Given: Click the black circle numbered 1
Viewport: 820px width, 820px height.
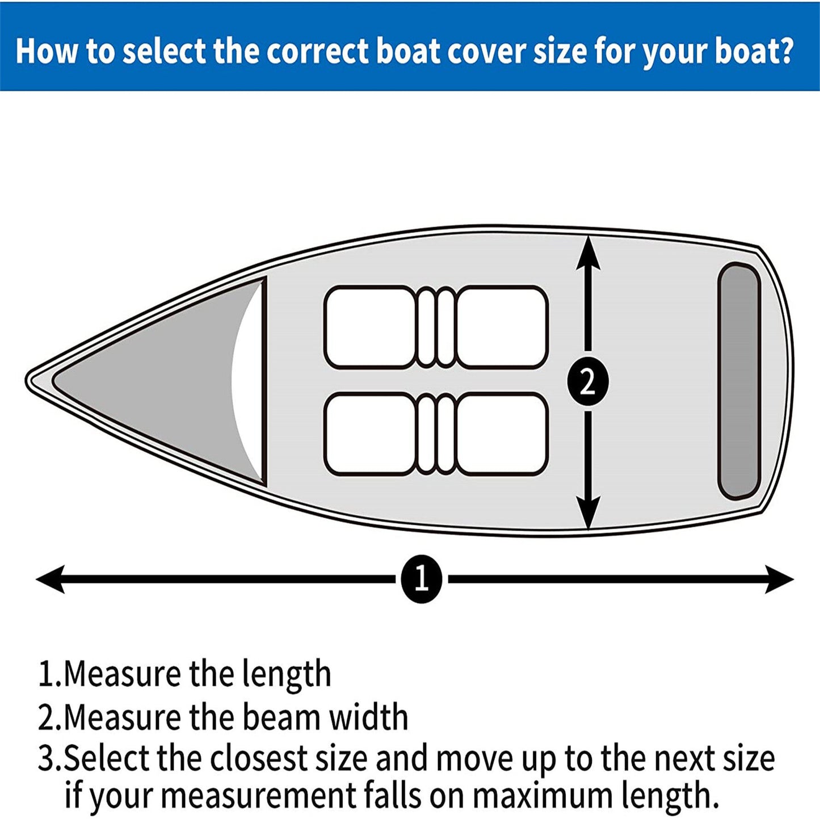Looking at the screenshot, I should pos(421,579).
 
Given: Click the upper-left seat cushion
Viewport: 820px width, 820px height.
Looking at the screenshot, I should pos(371,327).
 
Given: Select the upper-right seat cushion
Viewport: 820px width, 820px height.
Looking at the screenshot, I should pos(502,327).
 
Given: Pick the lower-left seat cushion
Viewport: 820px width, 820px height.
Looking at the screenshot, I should pos(371,434).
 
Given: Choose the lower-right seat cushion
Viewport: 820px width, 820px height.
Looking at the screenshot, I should pos(502,434).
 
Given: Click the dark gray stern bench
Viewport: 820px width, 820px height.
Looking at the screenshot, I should pos(738,381).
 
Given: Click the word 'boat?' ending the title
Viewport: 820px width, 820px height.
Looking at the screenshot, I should pos(753,51).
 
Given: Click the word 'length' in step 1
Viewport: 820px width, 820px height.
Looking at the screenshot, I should pos(286,674).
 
